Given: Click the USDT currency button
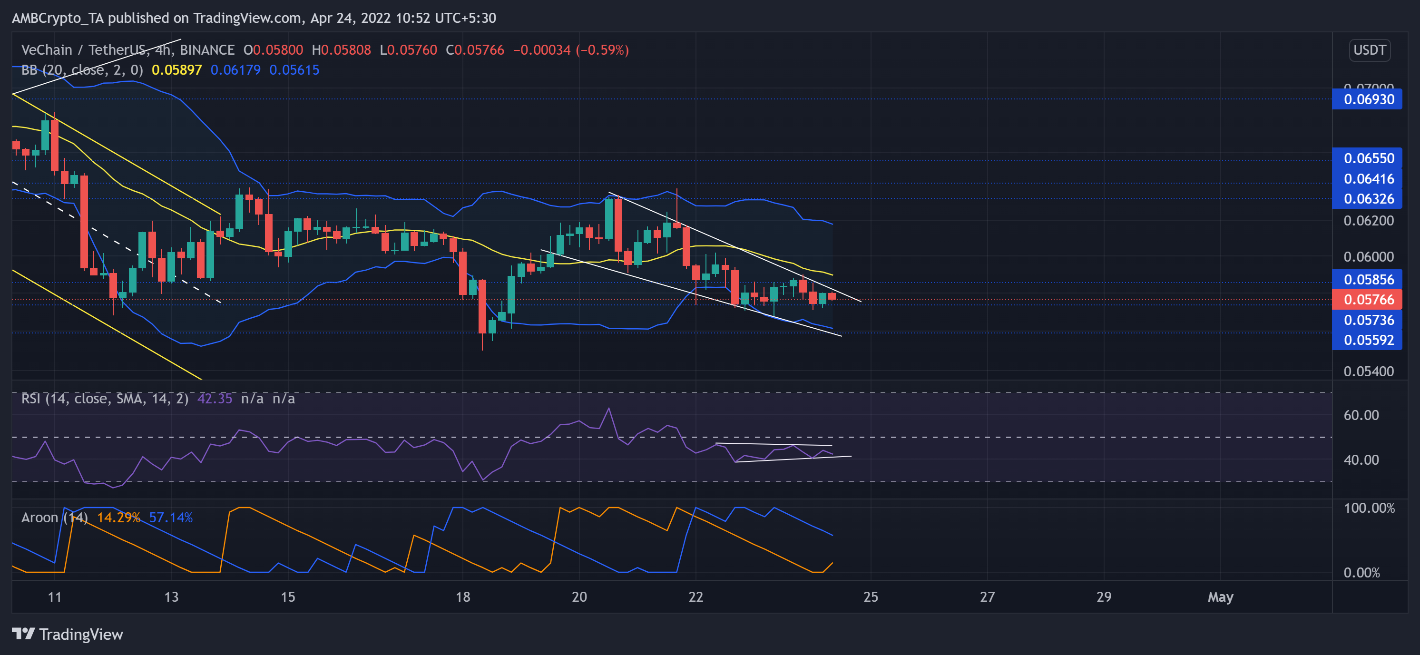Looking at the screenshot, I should (1369, 50).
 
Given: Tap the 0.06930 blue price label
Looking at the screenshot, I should (1368, 100).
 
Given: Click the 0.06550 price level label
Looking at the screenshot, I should (1368, 159).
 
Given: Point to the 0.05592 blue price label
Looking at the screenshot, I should (1368, 340).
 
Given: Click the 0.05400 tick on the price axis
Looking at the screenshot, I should (1368, 371).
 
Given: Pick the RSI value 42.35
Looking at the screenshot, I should (215, 399).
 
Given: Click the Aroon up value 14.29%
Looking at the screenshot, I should (118, 518).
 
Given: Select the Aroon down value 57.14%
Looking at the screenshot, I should (171, 518).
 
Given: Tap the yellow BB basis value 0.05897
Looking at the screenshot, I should (176, 70).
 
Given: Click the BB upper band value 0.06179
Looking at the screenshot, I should (235, 70).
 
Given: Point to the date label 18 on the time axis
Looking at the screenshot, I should (462, 597).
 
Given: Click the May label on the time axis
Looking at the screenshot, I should (1220, 597).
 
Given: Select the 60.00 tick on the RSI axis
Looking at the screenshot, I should (1361, 415).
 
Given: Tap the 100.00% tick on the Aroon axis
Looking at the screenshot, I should (1368, 508).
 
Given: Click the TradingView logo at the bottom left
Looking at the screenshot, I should (67, 635).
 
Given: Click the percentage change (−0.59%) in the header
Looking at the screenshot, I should (602, 50).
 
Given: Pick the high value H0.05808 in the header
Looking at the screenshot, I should (341, 50).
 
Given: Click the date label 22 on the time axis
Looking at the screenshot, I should (695, 597).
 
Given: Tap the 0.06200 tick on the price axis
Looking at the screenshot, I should (1368, 221).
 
